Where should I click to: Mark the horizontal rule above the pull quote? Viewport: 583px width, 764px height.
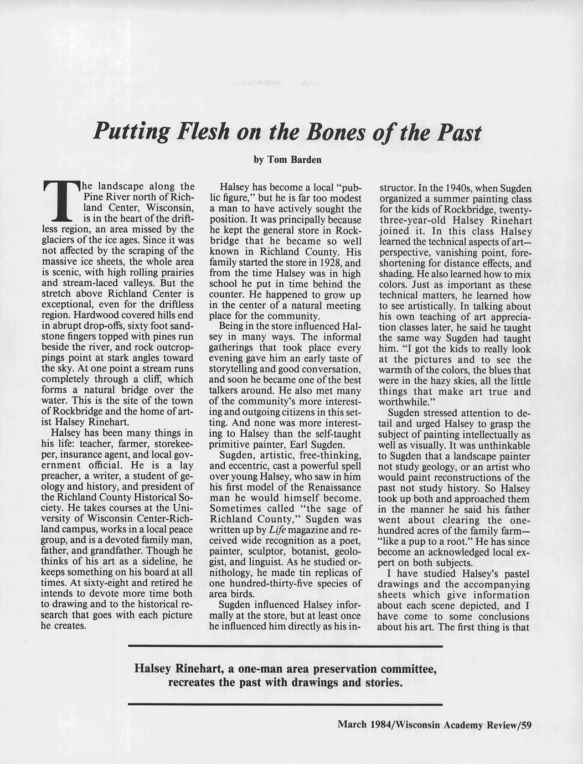point(285,646)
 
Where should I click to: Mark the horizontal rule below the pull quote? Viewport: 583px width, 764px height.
point(285,704)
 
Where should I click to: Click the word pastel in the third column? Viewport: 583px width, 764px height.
point(513,573)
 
